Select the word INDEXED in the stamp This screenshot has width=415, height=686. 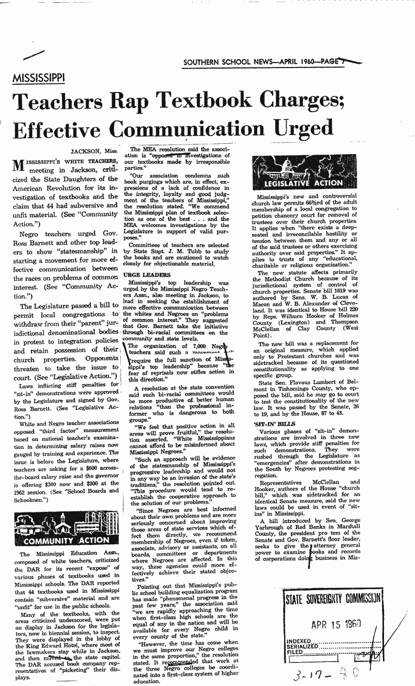[x=299, y=641]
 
